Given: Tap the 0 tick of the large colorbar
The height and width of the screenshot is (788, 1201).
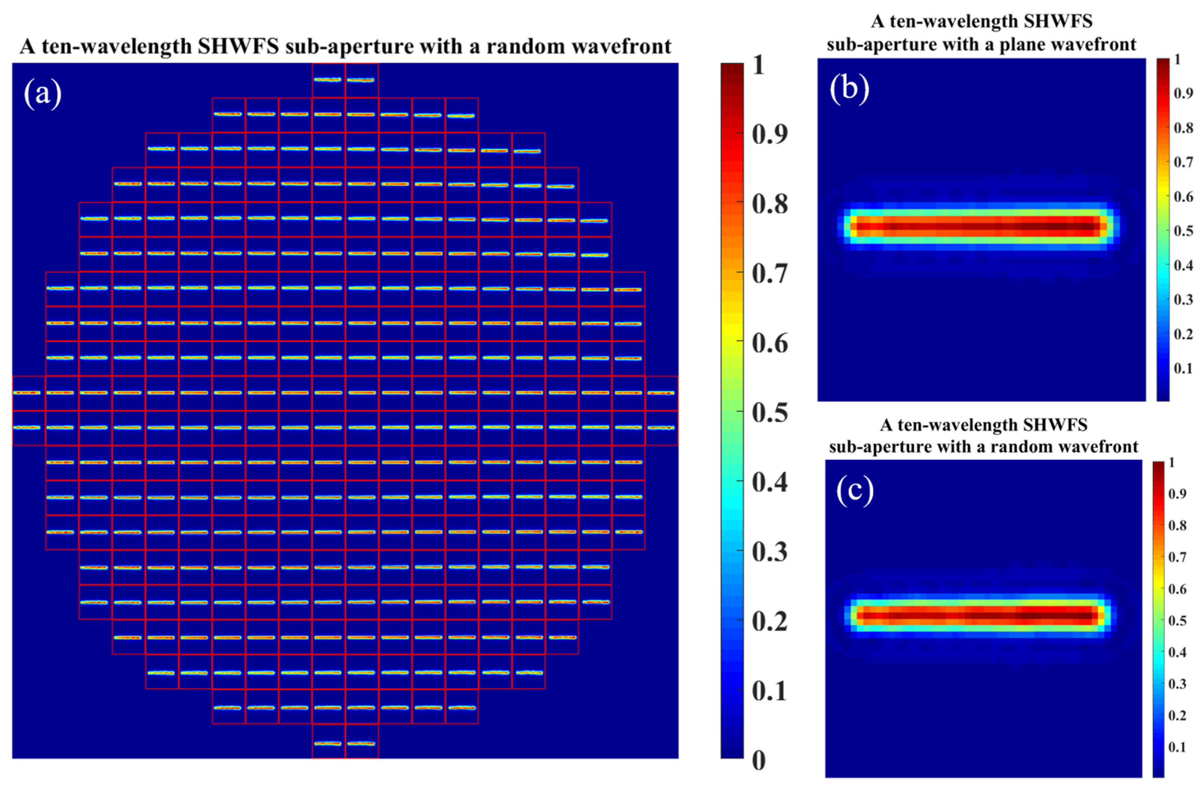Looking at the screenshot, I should pos(759,760).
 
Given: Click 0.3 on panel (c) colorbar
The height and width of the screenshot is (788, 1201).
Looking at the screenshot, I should pos(1177,684).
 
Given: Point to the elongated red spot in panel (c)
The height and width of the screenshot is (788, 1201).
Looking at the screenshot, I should pos(979,616).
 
